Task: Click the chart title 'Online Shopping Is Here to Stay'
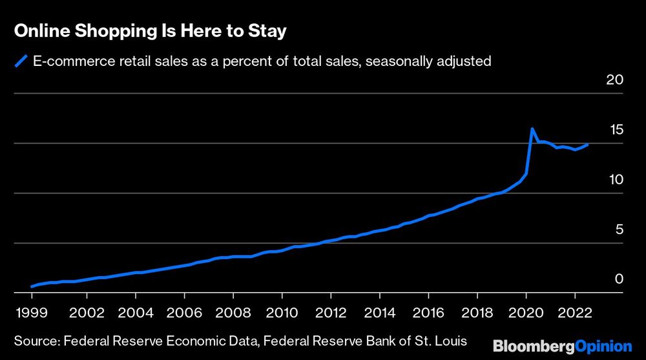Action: click(150, 31)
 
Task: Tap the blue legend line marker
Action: click(21, 61)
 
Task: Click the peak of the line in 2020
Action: click(532, 129)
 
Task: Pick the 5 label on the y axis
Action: click(618, 229)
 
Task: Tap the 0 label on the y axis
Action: click(618, 279)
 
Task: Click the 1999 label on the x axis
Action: click(32, 313)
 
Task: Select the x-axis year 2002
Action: click(87, 313)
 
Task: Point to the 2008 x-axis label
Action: click(233, 313)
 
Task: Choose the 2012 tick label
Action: click(331, 313)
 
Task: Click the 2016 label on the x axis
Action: click(428, 313)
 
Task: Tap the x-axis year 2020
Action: click(526, 313)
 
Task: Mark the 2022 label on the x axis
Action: click(574, 313)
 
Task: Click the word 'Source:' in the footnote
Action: click(37, 340)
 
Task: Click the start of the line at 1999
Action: click(32, 286)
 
